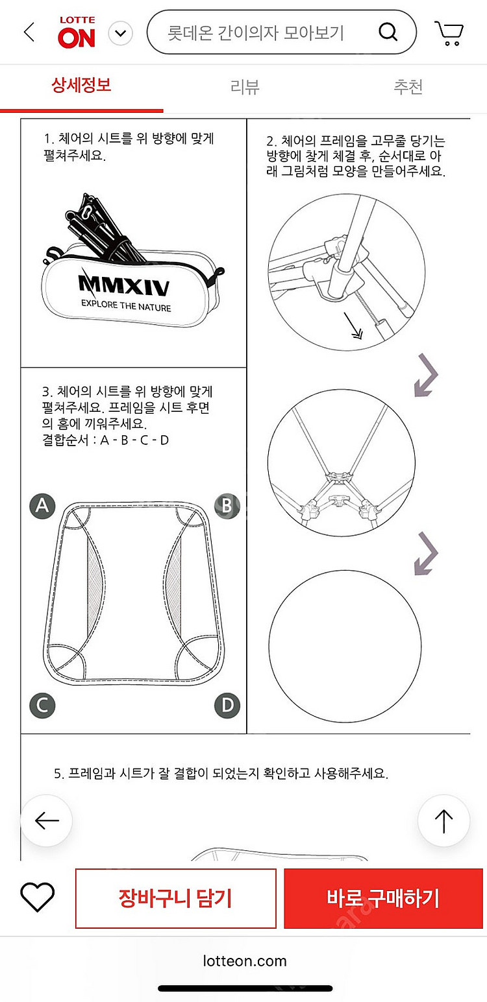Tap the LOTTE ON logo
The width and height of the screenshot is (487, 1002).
(77, 32)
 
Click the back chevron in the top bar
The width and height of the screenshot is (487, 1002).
(29, 32)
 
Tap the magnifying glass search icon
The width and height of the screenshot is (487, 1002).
(388, 32)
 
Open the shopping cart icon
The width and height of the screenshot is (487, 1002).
(449, 33)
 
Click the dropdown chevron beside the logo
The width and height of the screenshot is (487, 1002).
(121, 33)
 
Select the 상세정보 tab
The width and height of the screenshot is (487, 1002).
(81, 85)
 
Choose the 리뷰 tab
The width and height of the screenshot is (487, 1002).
(245, 86)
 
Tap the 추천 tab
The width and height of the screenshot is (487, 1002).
(408, 86)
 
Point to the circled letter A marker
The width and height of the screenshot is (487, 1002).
(42, 506)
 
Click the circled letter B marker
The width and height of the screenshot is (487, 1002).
(227, 506)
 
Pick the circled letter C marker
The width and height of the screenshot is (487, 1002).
(42, 706)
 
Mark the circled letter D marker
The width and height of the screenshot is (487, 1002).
(227, 706)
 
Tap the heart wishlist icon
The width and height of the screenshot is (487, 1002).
(37, 898)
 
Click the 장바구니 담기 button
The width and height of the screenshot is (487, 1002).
(175, 898)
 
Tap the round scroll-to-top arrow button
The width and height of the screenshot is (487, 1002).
(443, 821)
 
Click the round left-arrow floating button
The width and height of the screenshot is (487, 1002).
(47, 821)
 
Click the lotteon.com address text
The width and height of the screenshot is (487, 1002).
(245, 961)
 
